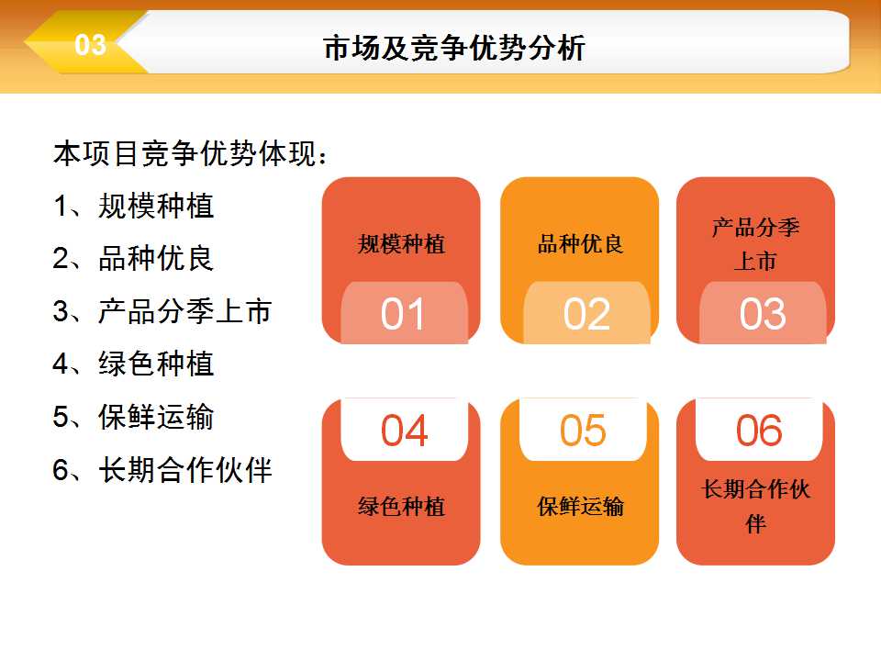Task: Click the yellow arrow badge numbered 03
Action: pyautogui.click(x=84, y=43)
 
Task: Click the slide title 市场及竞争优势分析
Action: pyautogui.click(x=454, y=47)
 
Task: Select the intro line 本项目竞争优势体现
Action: pyautogui.click(x=189, y=153)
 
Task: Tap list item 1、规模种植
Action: pyautogui.click(x=133, y=206)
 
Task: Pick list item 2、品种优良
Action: pyautogui.click(x=133, y=259)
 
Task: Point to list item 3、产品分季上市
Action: pyautogui.click(x=162, y=311)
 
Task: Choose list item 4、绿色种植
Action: pyautogui.click(x=133, y=364)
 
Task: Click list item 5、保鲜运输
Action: pyautogui.click(x=133, y=417)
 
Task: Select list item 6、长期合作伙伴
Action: pyautogui.click(x=162, y=470)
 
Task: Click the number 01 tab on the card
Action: pyautogui.click(x=404, y=312)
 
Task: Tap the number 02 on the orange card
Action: pyautogui.click(x=586, y=312)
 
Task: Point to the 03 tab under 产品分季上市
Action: pyautogui.click(x=763, y=312)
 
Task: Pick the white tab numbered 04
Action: pyautogui.click(x=404, y=430)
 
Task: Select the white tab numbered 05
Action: pyautogui.click(x=583, y=430)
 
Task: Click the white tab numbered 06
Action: pyautogui.click(x=759, y=430)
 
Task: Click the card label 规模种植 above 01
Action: pyautogui.click(x=401, y=244)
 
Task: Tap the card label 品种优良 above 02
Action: pyautogui.click(x=580, y=244)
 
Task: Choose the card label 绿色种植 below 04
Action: pyautogui.click(x=401, y=507)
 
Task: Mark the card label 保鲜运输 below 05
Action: pyautogui.click(x=580, y=507)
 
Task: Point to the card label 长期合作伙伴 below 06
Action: pyautogui.click(x=755, y=506)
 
